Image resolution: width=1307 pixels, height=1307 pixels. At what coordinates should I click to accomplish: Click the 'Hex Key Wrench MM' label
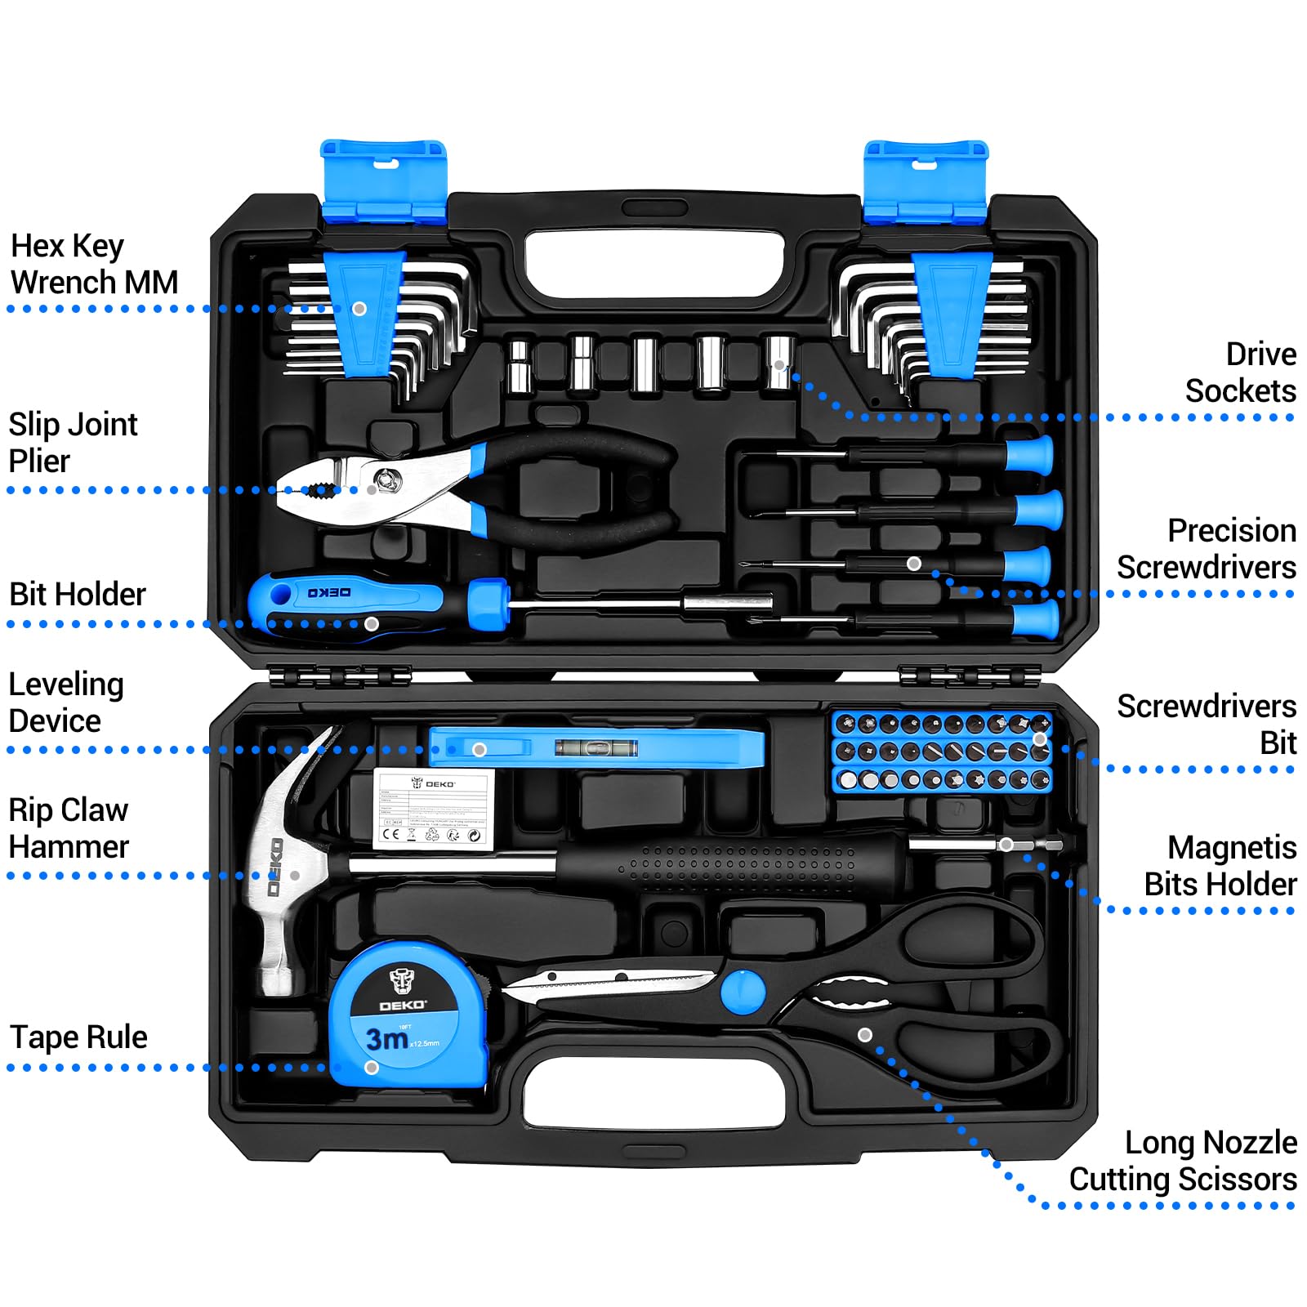(93, 264)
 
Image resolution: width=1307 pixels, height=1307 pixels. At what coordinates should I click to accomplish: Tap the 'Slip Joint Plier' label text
(73, 442)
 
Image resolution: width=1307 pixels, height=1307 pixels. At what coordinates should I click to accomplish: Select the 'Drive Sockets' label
(1240, 372)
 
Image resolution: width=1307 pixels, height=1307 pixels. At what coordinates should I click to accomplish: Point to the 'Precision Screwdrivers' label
(1207, 548)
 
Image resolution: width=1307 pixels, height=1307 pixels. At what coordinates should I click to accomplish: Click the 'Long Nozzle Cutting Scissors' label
(1183, 1161)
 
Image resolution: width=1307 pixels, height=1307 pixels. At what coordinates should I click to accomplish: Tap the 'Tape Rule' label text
(78, 1037)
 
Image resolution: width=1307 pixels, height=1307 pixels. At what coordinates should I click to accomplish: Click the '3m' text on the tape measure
(387, 1039)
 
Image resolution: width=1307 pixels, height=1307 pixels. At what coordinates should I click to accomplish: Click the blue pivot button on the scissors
(743, 992)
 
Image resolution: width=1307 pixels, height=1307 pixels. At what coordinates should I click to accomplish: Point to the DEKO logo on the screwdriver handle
(329, 592)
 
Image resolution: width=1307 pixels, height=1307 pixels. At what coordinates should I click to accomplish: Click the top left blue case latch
(383, 181)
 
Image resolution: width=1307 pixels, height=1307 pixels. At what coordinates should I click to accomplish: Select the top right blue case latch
(926, 181)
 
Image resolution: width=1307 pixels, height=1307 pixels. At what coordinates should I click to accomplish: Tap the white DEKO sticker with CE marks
(434, 808)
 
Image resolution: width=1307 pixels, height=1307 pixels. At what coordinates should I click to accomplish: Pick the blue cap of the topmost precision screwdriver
(1029, 453)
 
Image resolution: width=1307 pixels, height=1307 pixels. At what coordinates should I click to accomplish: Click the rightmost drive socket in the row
(779, 363)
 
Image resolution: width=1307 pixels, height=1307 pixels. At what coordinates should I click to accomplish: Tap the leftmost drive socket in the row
(519, 366)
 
